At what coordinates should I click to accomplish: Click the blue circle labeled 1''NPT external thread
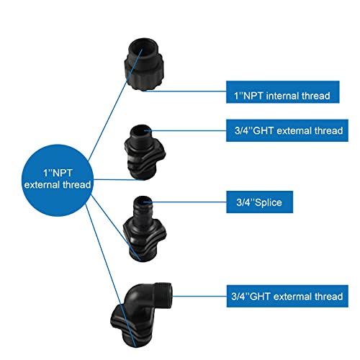pyautogui.click(x=58, y=180)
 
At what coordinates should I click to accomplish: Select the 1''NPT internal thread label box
pyautogui.click(x=283, y=92)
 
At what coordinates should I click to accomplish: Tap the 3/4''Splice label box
pyautogui.click(x=259, y=202)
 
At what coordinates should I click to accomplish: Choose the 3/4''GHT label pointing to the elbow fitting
pyautogui.click(x=287, y=296)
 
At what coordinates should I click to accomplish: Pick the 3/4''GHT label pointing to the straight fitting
pyautogui.click(x=287, y=130)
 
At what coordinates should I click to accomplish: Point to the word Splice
pyautogui.click(x=269, y=203)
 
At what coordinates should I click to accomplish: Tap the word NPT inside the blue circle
pyautogui.click(x=62, y=173)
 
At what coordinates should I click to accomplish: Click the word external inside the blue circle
pyautogui.click(x=42, y=185)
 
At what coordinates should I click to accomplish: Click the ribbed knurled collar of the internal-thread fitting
pyautogui.click(x=144, y=72)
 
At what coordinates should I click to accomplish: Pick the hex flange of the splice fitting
pyautogui.click(x=145, y=232)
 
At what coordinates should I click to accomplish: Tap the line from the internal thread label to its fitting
pyautogui.click(x=185, y=91)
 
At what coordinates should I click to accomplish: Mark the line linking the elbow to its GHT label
pyautogui.click(x=199, y=296)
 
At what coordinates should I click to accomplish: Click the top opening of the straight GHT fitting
pyautogui.click(x=141, y=131)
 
